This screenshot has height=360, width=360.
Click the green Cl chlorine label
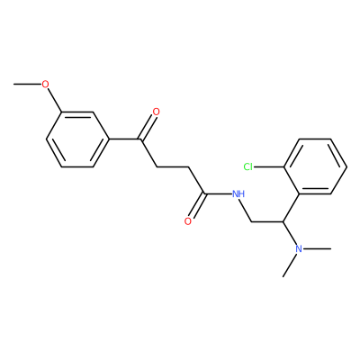(247, 166)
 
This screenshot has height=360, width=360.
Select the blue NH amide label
(238, 193)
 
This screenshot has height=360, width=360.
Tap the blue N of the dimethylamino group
(299, 248)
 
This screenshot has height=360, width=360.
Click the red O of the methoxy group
(45, 85)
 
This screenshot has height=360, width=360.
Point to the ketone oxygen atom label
(156, 112)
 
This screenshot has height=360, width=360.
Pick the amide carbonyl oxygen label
(188, 221)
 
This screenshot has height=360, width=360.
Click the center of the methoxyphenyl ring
(77, 139)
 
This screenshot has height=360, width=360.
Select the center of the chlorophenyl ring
(315, 166)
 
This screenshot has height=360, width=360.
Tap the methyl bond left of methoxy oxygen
(27, 85)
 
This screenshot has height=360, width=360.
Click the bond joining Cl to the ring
(268, 166)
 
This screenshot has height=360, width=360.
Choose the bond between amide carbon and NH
(219, 193)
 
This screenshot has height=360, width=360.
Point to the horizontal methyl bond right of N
(317, 248)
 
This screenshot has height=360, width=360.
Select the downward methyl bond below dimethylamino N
(290, 265)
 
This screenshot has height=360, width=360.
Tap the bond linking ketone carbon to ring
(124, 139)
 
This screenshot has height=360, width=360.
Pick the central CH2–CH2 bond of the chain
(172, 166)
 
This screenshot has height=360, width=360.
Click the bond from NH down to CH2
(244, 210)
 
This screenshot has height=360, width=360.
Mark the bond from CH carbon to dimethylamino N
(289, 233)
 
